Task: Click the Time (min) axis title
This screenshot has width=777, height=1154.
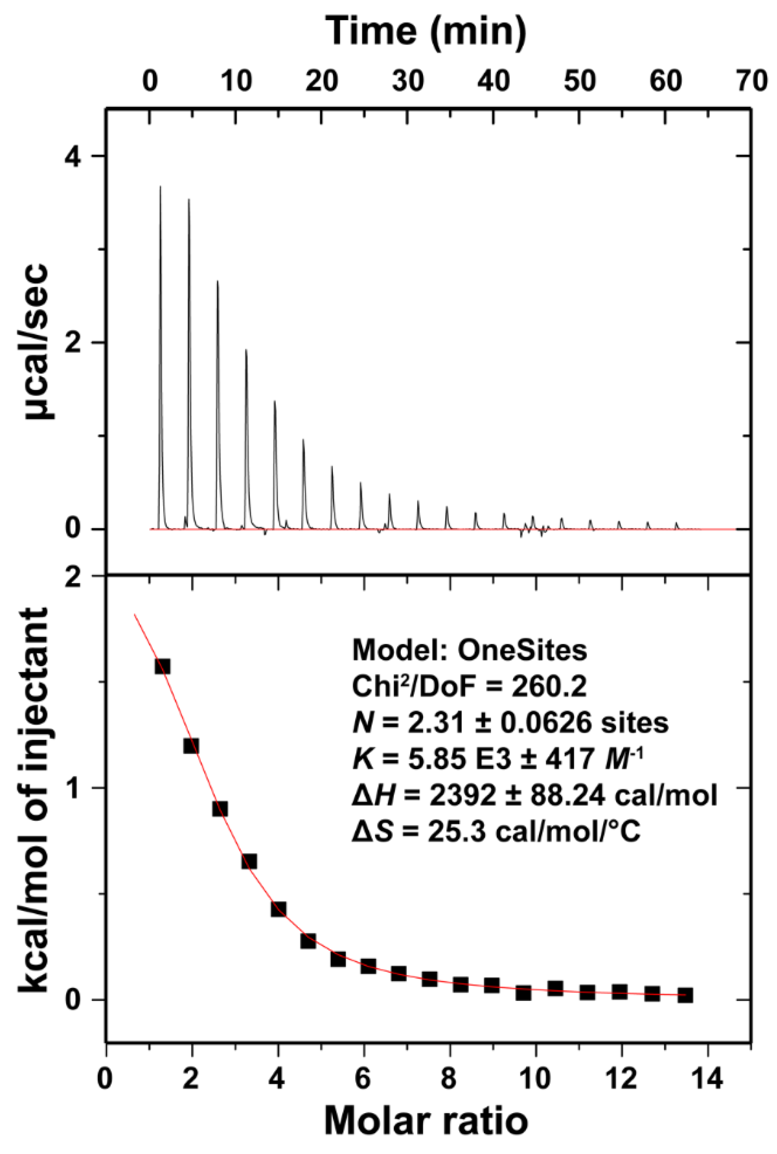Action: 426,31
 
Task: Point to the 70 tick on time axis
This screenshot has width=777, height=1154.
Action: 751,81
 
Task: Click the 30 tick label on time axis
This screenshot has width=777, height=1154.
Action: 408,81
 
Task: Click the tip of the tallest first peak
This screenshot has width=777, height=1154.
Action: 160,187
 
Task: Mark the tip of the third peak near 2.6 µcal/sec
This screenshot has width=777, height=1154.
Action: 217,281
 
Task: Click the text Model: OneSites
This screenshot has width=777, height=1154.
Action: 469,651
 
